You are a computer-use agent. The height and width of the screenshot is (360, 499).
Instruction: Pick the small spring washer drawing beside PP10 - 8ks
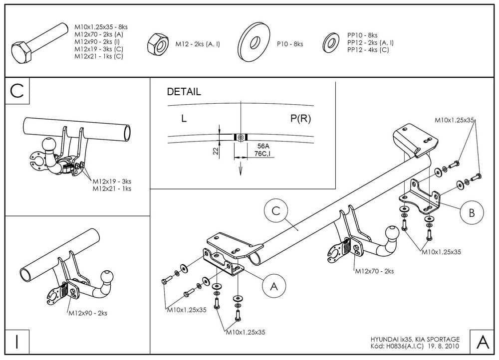pos(330,42)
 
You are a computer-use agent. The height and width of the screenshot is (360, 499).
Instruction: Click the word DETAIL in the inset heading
pos(184,92)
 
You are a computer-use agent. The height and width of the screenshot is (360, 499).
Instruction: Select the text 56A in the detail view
pos(264,146)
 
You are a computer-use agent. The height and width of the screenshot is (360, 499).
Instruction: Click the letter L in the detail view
pos(184,119)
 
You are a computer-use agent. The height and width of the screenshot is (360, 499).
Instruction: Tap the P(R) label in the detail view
pos(301,119)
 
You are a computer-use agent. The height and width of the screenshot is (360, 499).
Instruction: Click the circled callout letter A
pos(273,286)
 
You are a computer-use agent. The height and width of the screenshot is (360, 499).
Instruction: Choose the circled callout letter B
pos(471,213)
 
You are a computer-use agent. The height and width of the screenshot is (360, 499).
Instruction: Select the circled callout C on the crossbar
pos(275,211)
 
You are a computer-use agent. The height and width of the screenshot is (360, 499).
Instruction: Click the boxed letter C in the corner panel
pos(17,91)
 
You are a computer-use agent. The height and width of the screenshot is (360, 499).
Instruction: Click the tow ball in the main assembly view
pos(392,234)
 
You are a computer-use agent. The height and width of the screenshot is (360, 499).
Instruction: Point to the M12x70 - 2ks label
pos(374,271)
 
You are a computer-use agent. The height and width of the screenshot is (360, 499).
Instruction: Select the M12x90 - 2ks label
pos(88,313)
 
